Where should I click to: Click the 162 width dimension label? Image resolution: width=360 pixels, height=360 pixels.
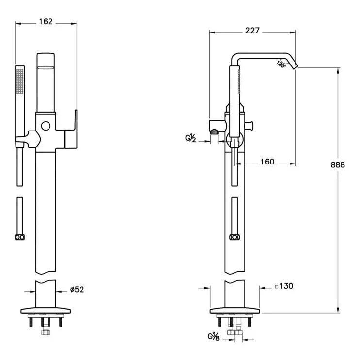[x=46, y=22]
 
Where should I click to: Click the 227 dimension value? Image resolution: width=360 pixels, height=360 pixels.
[x=252, y=30]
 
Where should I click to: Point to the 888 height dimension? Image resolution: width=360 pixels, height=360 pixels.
[x=338, y=164]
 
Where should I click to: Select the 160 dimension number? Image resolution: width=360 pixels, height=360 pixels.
[x=267, y=162]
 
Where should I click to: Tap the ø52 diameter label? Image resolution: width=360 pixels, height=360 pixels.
[x=77, y=290]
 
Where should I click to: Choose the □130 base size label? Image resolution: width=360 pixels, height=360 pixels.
[x=284, y=286]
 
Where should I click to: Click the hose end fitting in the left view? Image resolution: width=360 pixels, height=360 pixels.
[x=19, y=237]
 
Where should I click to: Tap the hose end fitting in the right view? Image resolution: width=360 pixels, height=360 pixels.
[x=235, y=237]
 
